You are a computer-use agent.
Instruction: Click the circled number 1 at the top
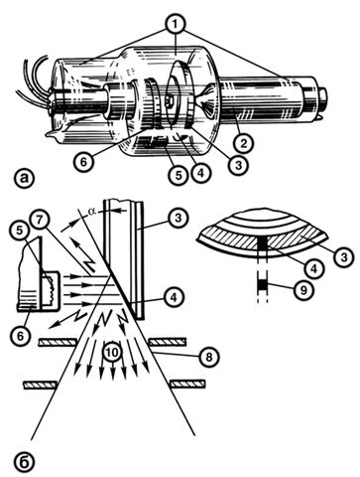pyautogui.click(x=176, y=24)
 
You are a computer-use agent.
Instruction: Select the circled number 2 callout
pyautogui.click(x=244, y=142)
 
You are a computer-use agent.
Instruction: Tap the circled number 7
pyautogui.click(x=39, y=222)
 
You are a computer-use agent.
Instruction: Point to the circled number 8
pyautogui.click(x=209, y=357)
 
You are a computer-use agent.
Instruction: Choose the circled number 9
pyautogui.click(x=303, y=289)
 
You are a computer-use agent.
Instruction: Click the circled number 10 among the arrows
pyautogui.click(x=112, y=353)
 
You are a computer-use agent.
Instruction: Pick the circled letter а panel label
pyautogui.click(x=25, y=178)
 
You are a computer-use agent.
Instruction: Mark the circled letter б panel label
pyautogui.click(x=24, y=461)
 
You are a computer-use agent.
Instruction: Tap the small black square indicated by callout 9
pyautogui.click(x=262, y=284)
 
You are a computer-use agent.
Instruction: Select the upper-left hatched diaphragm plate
pyautogui.click(x=58, y=342)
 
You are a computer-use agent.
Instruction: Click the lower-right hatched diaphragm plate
pyautogui.click(x=187, y=385)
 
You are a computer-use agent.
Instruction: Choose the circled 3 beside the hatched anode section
pyautogui.click(x=343, y=256)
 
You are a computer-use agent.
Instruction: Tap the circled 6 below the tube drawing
pyautogui.click(x=84, y=162)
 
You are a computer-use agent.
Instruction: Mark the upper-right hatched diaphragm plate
pyautogui.click(x=168, y=342)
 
